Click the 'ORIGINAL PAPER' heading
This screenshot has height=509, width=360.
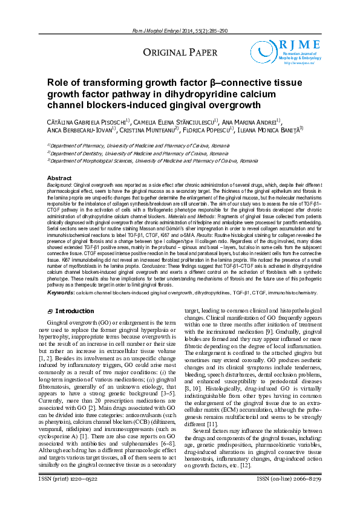[176, 53]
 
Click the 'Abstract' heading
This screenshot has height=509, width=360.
[59, 178]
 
